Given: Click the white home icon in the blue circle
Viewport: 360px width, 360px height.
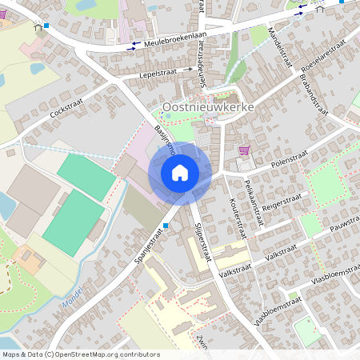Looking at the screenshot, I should [x=180, y=172].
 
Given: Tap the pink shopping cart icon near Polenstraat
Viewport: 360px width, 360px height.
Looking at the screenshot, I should [x=244, y=150].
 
